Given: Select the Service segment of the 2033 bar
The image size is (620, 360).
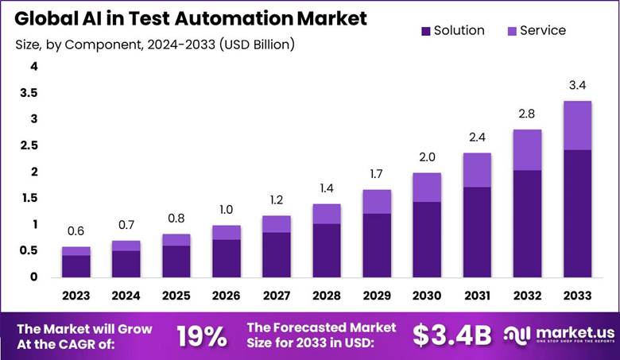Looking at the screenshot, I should tap(577, 126).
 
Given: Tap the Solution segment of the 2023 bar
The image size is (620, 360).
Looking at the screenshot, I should tap(76, 266).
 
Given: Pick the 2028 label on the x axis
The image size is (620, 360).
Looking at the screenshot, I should tap(327, 296).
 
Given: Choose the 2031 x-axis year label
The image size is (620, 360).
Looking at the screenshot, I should tap(477, 296).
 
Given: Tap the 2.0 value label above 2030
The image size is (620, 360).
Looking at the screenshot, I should tap(427, 157).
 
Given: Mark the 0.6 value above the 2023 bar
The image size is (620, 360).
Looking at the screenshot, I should tap(76, 231).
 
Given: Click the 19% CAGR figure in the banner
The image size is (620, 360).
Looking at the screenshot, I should tap(201, 335).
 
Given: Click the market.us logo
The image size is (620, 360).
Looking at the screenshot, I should tap(556, 335).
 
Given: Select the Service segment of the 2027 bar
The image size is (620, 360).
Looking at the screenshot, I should tap(277, 224).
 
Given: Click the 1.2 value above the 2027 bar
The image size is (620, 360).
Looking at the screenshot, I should tap(277, 200).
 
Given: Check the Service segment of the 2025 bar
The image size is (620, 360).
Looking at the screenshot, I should tap(176, 240).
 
